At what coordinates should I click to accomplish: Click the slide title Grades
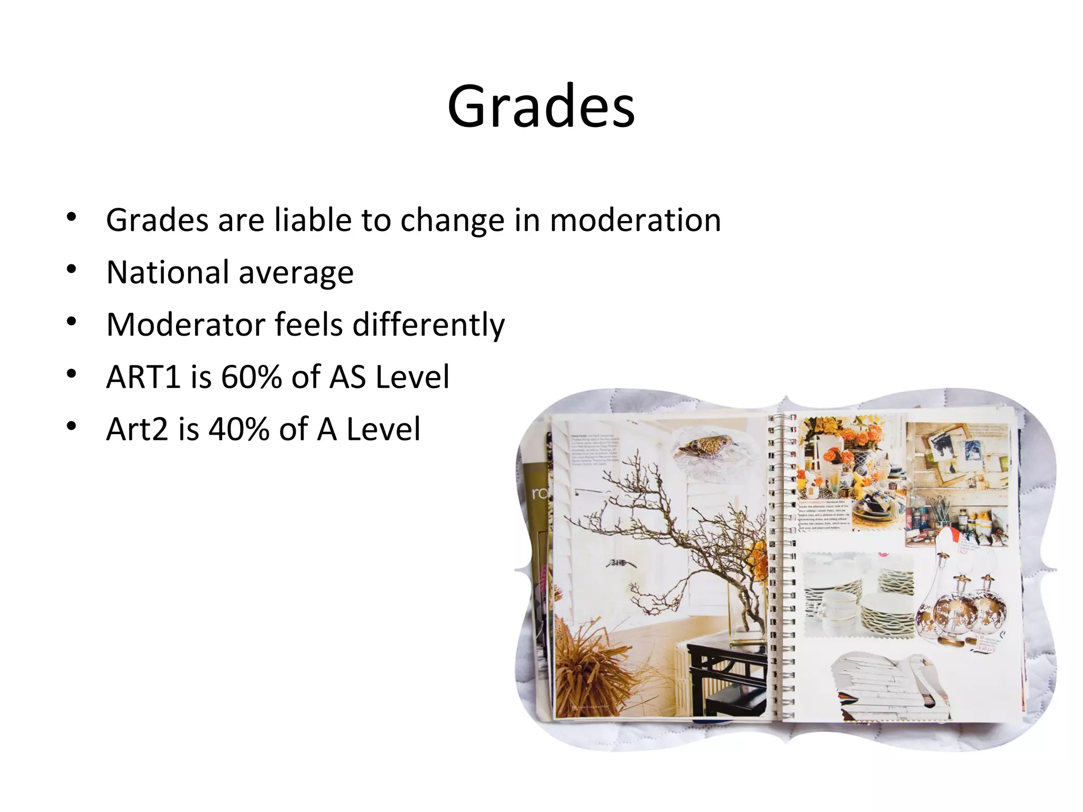(x=540, y=107)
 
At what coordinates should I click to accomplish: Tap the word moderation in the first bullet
(x=635, y=220)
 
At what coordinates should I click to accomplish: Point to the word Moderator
(x=185, y=325)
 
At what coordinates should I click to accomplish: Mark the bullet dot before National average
(x=72, y=270)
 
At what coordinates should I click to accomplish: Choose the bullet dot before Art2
(x=72, y=426)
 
